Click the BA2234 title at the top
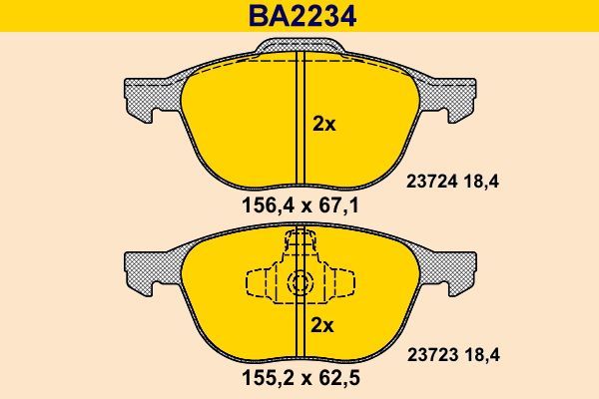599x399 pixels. (x=299, y=17)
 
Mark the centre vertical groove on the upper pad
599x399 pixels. (x=298, y=120)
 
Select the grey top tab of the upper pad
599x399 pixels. (x=299, y=46)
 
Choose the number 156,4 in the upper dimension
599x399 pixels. (x=262, y=207)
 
